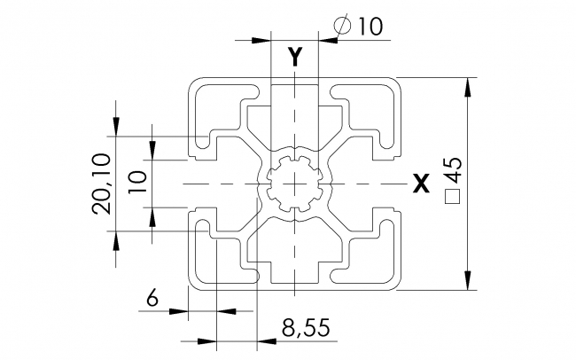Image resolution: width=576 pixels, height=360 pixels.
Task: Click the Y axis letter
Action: (296, 58)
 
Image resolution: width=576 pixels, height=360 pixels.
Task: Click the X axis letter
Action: (422, 184)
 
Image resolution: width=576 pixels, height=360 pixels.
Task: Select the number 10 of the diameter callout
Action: (370, 27)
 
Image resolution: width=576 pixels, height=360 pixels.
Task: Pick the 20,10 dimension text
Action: (101, 184)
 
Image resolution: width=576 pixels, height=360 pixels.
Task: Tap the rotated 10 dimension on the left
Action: (137, 184)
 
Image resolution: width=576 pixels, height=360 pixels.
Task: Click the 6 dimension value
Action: (152, 300)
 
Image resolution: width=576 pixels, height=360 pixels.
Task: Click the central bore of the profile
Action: (293, 184)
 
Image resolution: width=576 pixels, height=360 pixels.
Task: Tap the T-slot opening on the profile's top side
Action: (293, 89)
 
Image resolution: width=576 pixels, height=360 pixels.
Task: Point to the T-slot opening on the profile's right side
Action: (390, 184)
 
